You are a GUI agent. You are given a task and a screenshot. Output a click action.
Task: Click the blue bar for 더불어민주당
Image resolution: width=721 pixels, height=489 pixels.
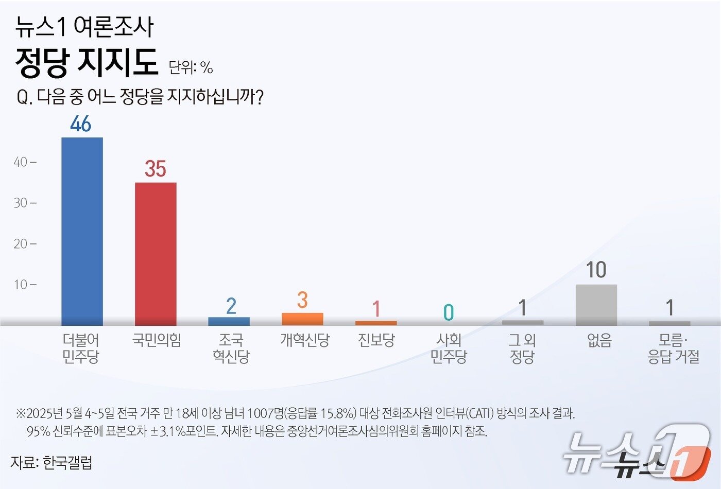pyautogui.click(x=82, y=232)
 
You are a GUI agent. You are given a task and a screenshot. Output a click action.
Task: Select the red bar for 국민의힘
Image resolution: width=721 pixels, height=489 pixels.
pyautogui.click(x=156, y=254)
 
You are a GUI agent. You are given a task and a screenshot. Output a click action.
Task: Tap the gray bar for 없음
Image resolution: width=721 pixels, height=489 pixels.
pyautogui.click(x=596, y=305)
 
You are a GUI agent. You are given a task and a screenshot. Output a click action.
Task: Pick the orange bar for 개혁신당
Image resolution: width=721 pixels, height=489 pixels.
pyautogui.click(x=302, y=319)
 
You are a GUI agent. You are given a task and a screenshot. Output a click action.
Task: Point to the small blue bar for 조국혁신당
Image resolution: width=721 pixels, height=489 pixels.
pyautogui.click(x=229, y=321)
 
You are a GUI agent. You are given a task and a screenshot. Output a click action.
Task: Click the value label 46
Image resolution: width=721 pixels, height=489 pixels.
pyautogui.click(x=81, y=124)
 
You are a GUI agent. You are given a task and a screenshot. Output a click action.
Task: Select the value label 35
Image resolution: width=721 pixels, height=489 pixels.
pyautogui.click(x=155, y=169)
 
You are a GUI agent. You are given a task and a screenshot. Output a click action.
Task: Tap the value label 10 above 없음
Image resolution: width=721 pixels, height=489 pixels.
pyautogui.click(x=596, y=270)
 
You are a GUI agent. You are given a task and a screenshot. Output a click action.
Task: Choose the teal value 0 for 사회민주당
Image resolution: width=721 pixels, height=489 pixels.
pyautogui.click(x=449, y=312)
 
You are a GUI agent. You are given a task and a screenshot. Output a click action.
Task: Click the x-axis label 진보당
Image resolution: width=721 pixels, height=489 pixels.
pyautogui.click(x=376, y=340)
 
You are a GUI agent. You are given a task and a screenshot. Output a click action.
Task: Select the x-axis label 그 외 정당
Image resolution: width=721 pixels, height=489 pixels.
pyautogui.click(x=522, y=348)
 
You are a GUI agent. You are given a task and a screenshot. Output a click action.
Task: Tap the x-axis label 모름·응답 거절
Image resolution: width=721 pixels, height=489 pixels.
pyautogui.click(x=673, y=348)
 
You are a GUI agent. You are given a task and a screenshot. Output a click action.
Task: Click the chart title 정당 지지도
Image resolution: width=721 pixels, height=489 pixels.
pyautogui.click(x=86, y=62)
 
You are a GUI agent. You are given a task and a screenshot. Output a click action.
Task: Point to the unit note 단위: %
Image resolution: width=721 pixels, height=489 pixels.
pyautogui.click(x=191, y=67)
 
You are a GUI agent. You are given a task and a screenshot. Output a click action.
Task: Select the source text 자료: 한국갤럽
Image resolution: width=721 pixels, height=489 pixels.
pyautogui.click(x=51, y=462)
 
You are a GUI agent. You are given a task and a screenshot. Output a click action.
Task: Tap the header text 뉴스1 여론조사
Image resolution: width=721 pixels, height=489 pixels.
pyautogui.click(x=84, y=27)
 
